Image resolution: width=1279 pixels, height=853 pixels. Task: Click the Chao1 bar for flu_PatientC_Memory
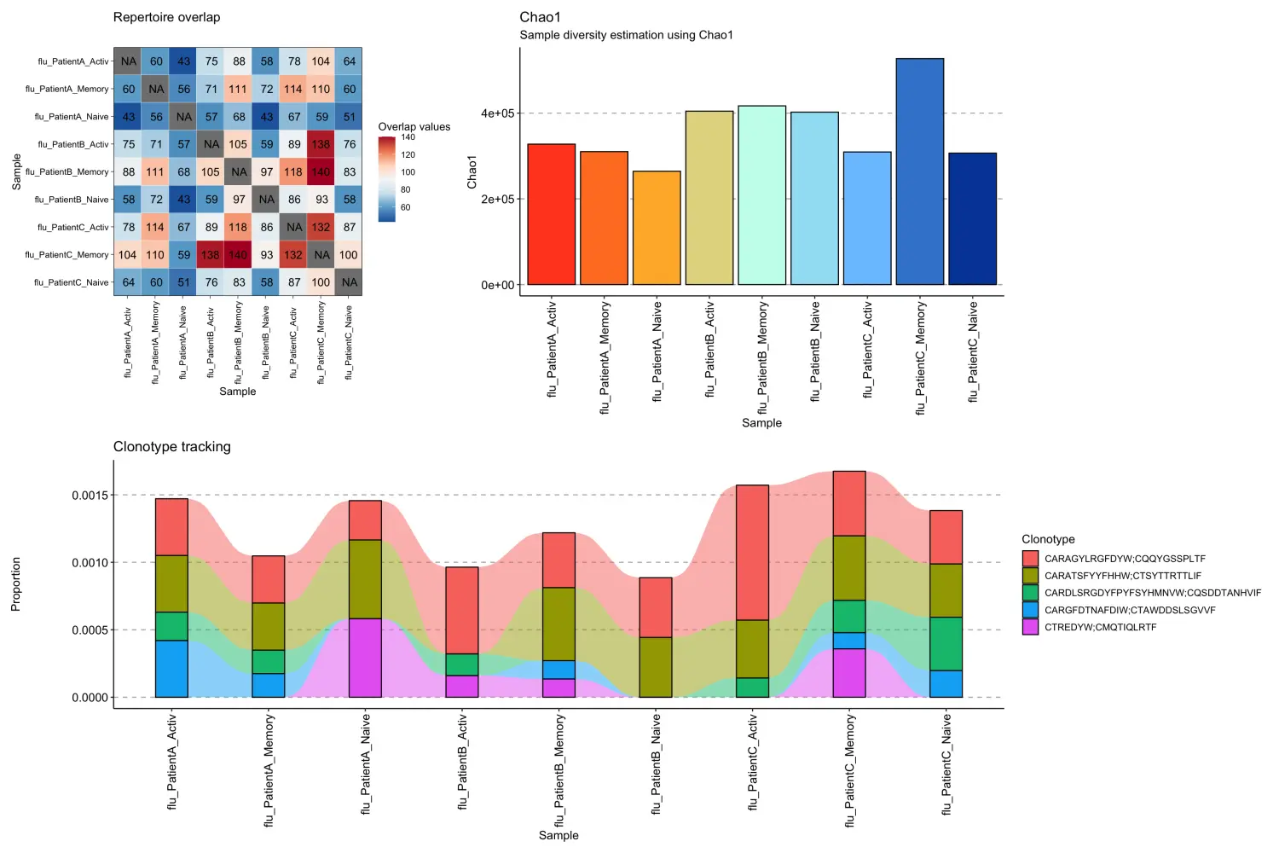click(x=919, y=171)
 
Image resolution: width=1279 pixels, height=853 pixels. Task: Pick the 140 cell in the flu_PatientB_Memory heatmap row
click(x=321, y=171)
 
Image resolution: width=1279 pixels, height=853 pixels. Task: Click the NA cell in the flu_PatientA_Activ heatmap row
click(x=128, y=61)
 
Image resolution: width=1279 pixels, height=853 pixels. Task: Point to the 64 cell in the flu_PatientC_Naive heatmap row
click(x=128, y=282)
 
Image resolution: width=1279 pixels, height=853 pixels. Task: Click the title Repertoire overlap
click(x=166, y=17)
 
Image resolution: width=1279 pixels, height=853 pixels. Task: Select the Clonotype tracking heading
click(x=171, y=447)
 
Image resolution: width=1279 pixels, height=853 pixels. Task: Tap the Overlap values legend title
click(x=414, y=126)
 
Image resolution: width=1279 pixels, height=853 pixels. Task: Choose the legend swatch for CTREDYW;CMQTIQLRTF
click(x=1030, y=627)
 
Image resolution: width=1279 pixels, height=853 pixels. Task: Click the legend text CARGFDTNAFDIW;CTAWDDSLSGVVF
click(x=1129, y=610)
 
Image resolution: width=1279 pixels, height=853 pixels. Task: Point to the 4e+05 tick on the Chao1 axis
click(x=497, y=113)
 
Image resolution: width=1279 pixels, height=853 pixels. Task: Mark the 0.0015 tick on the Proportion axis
click(x=90, y=496)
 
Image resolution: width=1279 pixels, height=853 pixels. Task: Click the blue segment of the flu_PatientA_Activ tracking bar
click(x=171, y=669)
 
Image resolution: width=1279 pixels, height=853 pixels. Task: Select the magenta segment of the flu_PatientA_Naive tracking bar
click(x=365, y=658)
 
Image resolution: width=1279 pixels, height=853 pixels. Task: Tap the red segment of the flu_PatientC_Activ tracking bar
click(x=752, y=552)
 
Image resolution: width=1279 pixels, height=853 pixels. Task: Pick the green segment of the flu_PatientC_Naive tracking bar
click(x=946, y=643)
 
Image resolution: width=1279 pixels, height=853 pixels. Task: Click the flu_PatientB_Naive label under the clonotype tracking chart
click(x=656, y=764)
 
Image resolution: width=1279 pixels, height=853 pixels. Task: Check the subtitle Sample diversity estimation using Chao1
click(x=626, y=35)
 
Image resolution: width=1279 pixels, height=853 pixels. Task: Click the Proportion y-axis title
click(x=15, y=584)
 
